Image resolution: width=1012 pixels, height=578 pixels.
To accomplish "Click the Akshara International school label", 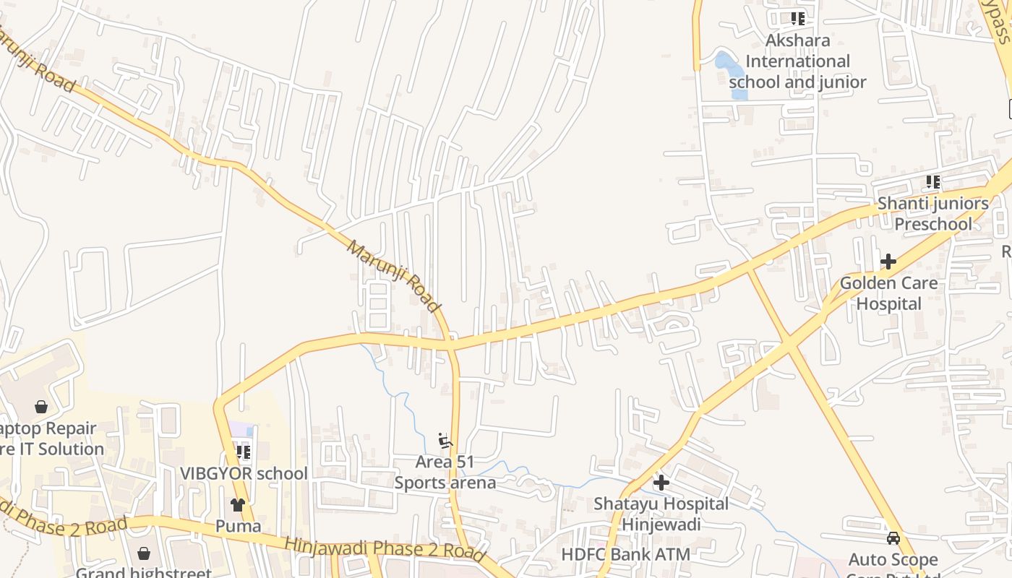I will coord(797,61).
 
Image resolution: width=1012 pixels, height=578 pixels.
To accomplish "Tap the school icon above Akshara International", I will coord(797,18).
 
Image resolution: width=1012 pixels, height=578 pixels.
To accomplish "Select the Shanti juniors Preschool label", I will coord(933,214).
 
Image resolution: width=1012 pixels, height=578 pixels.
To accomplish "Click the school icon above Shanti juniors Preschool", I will coord(933,182).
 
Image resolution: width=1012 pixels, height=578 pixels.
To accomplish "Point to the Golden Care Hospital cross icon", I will coord(888,261).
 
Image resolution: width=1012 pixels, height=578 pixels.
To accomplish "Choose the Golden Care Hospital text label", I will coord(888,293).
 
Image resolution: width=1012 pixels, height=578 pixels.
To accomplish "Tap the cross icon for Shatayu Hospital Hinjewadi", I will coord(661,482).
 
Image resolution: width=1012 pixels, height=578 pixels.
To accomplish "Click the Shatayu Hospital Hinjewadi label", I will coord(661,513).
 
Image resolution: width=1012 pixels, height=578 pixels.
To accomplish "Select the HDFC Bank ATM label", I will coord(626,555).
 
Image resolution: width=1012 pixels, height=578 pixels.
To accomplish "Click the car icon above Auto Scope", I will coord(893,538).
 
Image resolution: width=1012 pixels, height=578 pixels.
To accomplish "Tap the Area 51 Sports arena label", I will coord(445,472).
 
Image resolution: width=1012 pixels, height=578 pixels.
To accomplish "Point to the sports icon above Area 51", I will coord(445,440).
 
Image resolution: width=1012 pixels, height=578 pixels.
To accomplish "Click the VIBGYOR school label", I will coord(244,474).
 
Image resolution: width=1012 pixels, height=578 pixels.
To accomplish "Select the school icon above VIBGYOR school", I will coord(244,452).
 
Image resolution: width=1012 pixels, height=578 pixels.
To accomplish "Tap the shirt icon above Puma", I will coord(238,504).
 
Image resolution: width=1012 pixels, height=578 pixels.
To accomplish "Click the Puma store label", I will coord(238,526).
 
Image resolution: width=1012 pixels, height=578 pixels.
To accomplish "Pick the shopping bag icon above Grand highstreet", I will coord(144,553).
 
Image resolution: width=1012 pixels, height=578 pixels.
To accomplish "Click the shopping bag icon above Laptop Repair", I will coord(41,407).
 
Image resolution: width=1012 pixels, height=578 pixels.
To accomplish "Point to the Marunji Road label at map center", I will coord(394,277).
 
